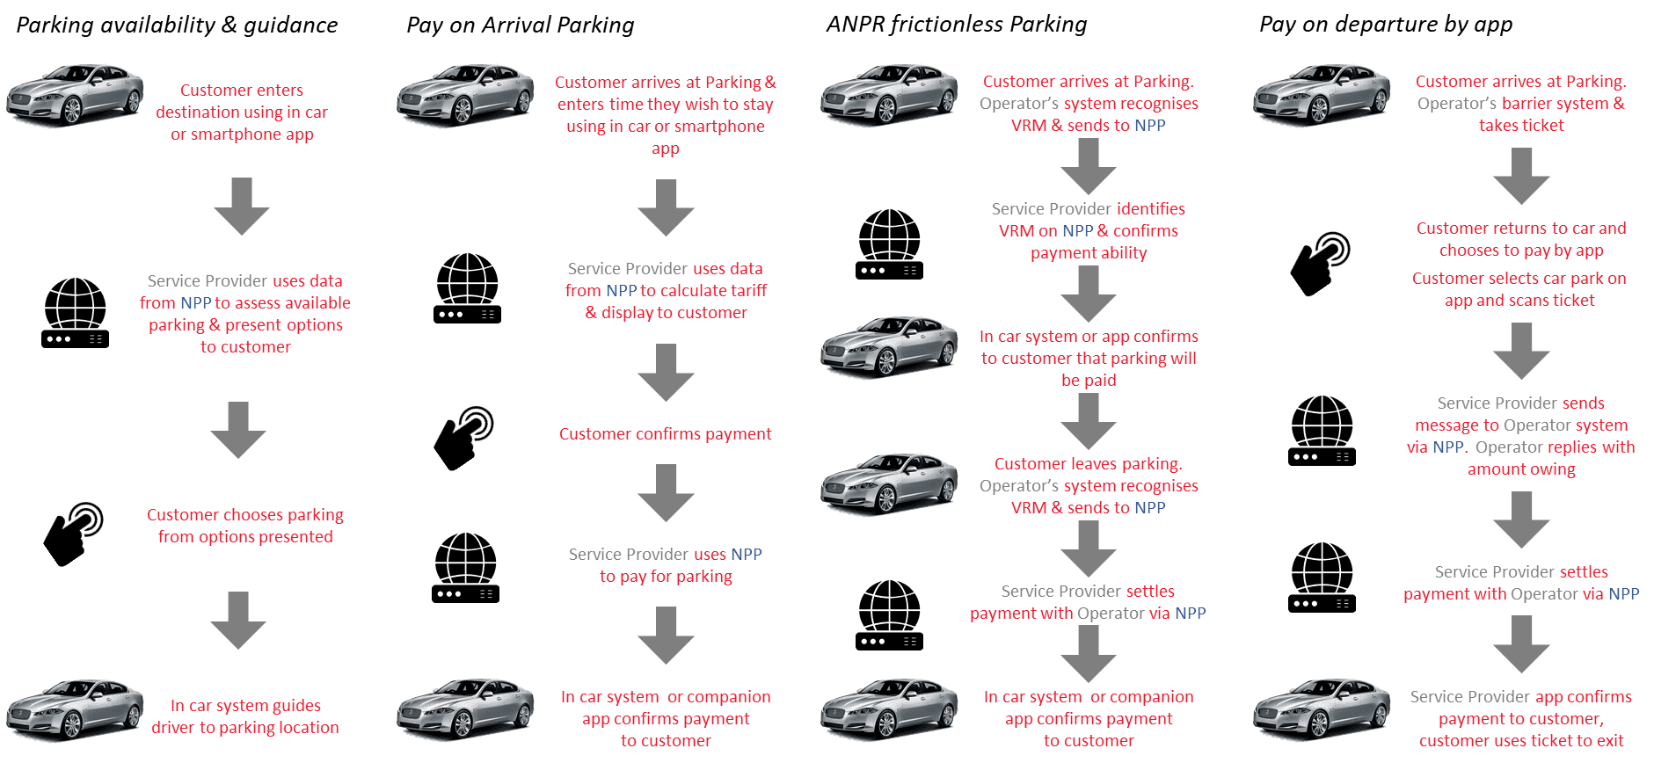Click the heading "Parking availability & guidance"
[177, 25]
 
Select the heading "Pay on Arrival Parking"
[520, 25]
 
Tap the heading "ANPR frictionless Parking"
[956, 24]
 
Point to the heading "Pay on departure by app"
[1385, 24]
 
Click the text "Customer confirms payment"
[665, 434]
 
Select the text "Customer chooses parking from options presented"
[245, 526]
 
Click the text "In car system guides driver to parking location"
[245, 716]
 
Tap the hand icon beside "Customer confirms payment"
[463, 438]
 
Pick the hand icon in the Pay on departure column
[1320, 263]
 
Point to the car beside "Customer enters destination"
[75, 94]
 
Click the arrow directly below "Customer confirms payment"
[666, 492]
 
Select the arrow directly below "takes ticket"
[1521, 176]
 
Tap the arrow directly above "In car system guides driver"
[238, 620]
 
